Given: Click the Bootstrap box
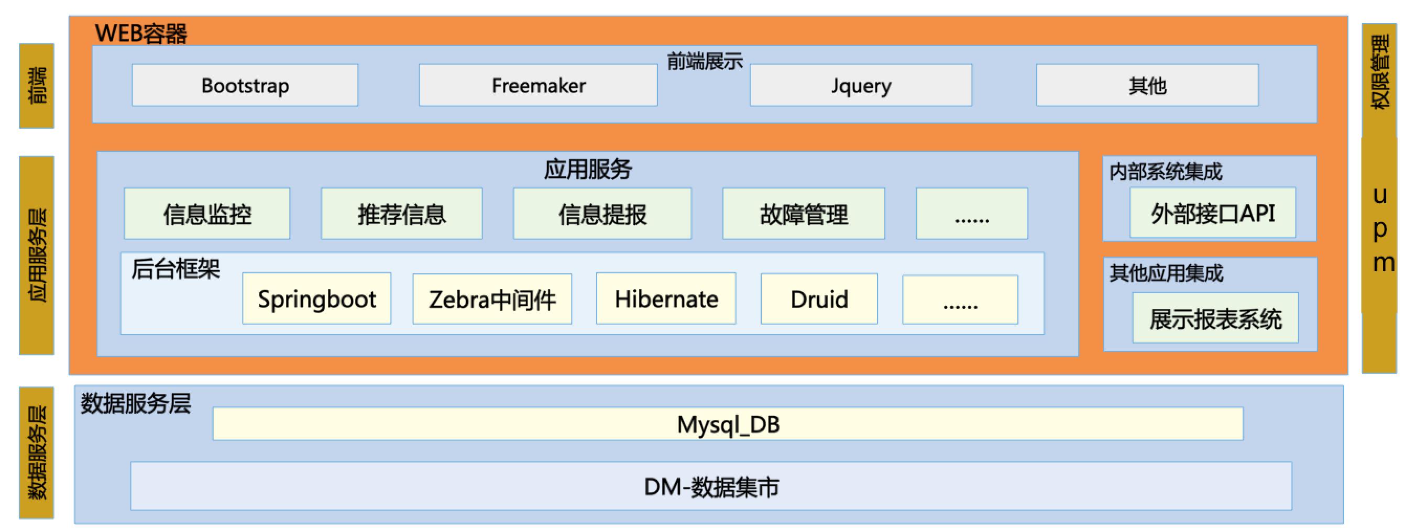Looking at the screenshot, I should (245, 85).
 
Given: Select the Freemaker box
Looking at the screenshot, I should (538, 85).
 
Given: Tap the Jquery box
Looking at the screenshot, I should (861, 85).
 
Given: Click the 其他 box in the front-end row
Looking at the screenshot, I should (1147, 85).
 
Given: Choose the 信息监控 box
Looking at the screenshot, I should (207, 214).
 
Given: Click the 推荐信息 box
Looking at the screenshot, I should (401, 214).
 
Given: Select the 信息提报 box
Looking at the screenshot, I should (602, 214).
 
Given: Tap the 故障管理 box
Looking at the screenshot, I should (804, 214).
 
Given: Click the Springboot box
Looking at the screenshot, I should (316, 299).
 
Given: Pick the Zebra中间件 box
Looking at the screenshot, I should (492, 299).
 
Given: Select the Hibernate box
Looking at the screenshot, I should (666, 299).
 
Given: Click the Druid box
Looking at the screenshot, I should (819, 299).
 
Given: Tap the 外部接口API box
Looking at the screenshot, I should (1212, 213).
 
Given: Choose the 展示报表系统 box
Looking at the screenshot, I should (1215, 318).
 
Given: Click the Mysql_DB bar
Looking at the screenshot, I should (728, 424).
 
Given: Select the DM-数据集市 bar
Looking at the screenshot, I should (711, 486).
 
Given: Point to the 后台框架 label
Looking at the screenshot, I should (175, 269).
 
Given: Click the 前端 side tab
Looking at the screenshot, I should (37, 85).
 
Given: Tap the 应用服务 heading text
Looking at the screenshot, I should (587, 169).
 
